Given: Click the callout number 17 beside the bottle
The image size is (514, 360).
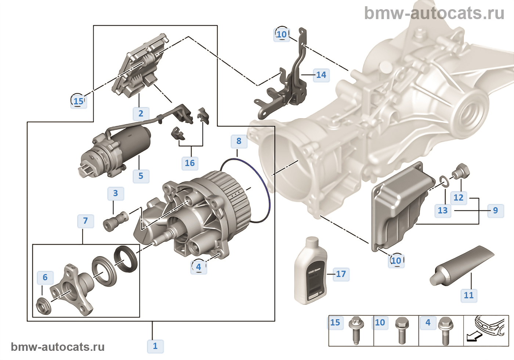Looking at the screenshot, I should pos(341,274).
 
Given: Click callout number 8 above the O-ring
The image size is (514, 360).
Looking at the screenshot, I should pos(239,141).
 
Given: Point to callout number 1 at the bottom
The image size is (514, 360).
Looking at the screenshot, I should pos(155,346).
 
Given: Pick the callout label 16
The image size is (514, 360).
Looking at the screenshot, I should pos(189,163).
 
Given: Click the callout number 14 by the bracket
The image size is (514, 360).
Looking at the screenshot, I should pos(321,75).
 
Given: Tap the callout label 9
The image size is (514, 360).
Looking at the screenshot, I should pos(495,210).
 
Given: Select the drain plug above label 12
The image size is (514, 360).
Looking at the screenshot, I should pos(462,171).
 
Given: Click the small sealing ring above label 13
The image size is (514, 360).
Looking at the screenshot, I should pos(444,181).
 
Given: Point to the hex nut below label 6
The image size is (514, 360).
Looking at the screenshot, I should pos(44,305).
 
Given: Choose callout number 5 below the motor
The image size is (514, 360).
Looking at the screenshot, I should pos(141,176).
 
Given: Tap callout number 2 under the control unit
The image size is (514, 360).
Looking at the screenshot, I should pos(141,113).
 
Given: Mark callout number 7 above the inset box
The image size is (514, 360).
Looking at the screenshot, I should pos(85,221).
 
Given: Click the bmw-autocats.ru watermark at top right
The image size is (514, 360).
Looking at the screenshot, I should pos(434,13).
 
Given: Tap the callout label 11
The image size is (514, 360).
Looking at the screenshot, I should pos(468,295).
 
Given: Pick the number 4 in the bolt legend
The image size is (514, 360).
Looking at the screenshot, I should pos(428,323).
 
